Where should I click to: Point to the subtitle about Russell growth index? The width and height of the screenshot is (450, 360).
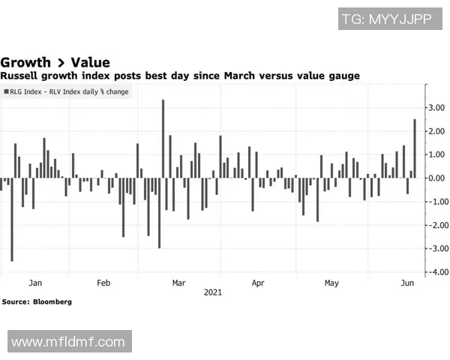pos(180,76)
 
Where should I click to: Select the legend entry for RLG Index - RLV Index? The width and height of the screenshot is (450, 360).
pos(66,91)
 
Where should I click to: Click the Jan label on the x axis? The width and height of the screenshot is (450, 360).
pos(34,283)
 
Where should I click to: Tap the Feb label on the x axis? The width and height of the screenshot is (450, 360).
pos(103,283)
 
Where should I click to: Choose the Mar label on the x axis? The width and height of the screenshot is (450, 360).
pos(178,283)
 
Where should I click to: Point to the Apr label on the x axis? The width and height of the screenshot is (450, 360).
pos(258,283)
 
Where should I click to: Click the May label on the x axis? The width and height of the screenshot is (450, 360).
pos(331,283)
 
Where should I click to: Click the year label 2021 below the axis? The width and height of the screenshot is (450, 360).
pos(213,293)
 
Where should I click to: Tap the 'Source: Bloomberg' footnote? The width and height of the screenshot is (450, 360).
pos(37,301)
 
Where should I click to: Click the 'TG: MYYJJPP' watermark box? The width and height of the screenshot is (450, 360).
pos(385,19)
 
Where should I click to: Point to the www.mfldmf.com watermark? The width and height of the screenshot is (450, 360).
pos(68,342)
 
